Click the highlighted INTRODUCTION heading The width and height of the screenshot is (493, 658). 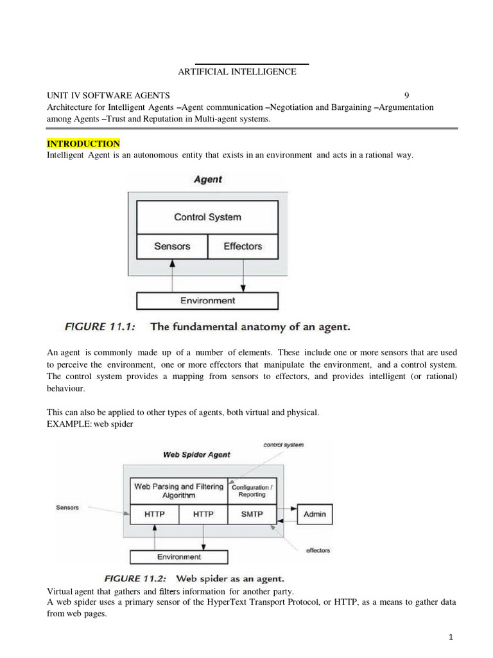[83, 143]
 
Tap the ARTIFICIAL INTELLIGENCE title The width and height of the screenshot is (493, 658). [237, 72]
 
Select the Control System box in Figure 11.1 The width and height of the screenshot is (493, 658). [207, 217]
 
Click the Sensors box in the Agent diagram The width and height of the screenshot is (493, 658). [173, 246]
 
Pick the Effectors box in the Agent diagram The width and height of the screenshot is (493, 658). [243, 246]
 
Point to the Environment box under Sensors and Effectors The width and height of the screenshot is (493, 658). [207, 301]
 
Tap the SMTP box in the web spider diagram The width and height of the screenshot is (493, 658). [252, 514]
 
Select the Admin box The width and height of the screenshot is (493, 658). [315, 514]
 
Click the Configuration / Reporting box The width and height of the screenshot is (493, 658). [252, 491]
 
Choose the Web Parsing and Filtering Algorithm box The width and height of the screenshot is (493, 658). [179, 491]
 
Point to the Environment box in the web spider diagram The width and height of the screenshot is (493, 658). [171, 556]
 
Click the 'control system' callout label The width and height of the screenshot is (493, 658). [284, 444]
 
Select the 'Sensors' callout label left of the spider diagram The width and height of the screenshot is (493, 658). [67, 508]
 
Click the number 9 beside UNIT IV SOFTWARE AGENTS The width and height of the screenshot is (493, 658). [406, 95]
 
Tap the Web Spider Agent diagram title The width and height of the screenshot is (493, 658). [197, 455]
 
